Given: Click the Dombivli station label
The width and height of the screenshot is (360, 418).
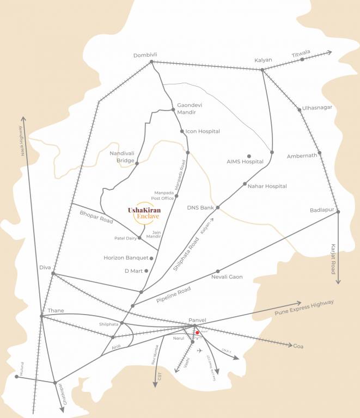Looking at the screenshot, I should (x=145, y=55).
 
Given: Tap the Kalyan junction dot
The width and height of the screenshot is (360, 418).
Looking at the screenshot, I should (x=262, y=70).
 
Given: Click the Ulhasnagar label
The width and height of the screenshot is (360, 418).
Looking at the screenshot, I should (x=317, y=107).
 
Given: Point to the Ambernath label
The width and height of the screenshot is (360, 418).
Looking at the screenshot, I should (x=302, y=156).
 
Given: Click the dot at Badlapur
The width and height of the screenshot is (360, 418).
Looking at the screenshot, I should (x=338, y=211).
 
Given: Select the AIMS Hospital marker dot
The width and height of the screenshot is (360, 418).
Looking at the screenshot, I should (x=249, y=156).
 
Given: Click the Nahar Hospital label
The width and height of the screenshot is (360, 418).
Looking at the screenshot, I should (x=267, y=186).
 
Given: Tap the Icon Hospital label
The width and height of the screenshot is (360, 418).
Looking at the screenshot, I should (x=203, y=131).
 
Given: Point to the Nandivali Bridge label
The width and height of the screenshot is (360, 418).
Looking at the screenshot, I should (x=121, y=157).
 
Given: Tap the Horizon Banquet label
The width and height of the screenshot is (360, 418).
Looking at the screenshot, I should (x=125, y=258).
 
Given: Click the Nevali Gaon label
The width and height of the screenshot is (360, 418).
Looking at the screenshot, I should (x=227, y=277).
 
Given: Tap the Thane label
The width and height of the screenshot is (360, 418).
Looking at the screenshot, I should (x=56, y=311).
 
